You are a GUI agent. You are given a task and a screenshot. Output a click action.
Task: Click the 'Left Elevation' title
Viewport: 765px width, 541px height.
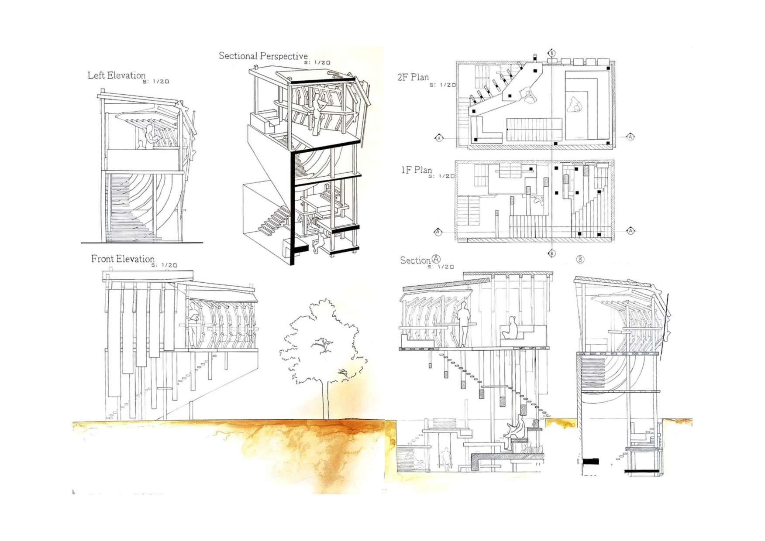[116, 75]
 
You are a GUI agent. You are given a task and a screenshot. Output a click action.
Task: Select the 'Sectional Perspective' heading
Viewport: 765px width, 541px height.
[263, 56]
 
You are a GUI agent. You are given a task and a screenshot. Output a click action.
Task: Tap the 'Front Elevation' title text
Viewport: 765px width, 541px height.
[123, 259]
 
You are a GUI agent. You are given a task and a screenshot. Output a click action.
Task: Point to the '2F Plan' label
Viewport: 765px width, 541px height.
[413, 78]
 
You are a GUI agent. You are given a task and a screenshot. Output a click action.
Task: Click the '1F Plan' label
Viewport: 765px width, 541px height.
[417, 170]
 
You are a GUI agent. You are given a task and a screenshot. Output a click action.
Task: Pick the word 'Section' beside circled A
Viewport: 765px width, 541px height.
[415, 260]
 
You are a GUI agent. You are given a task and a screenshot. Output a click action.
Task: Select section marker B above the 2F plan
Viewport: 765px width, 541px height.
[552, 53]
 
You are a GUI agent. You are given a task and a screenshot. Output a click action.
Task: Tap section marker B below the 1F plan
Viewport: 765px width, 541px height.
[552, 253]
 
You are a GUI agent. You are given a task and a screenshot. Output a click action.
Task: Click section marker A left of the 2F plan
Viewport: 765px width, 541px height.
[439, 138]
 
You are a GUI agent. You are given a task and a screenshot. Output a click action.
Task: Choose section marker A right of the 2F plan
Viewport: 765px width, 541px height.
[630, 137]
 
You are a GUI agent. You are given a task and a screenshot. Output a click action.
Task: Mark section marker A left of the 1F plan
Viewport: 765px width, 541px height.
[438, 232]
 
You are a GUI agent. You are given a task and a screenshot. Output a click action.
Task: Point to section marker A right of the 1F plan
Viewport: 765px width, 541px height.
[630, 230]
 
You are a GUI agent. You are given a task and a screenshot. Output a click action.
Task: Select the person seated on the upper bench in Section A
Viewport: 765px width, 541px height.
[511, 329]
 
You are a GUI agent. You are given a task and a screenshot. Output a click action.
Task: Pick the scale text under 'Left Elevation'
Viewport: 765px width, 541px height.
[156, 82]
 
